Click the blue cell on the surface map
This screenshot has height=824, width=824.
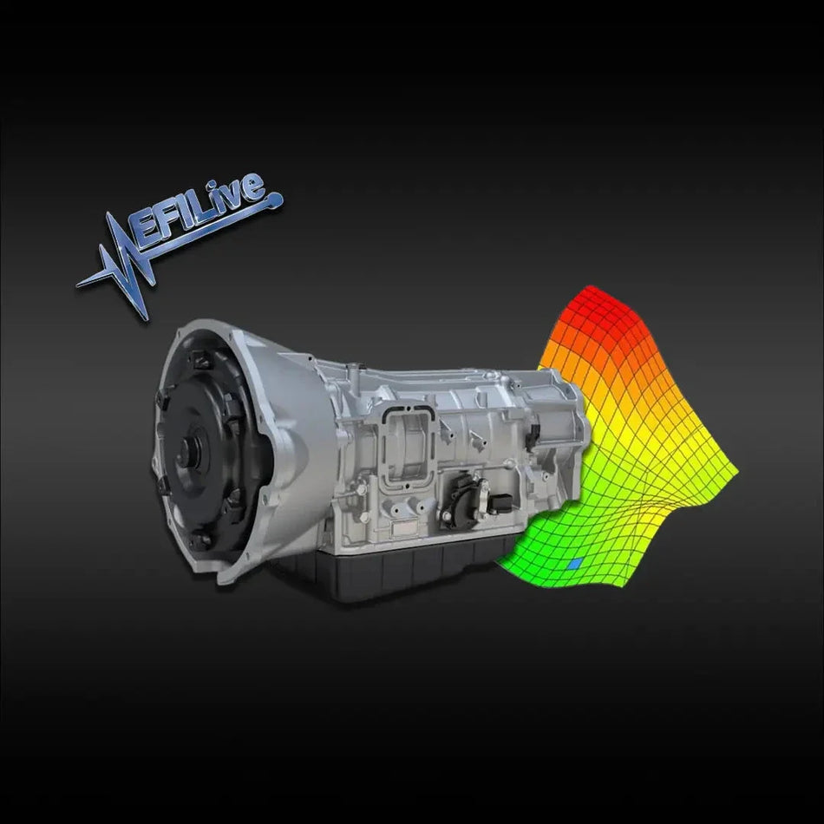coord(573,564)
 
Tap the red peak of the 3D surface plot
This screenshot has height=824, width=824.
coord(594,299)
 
